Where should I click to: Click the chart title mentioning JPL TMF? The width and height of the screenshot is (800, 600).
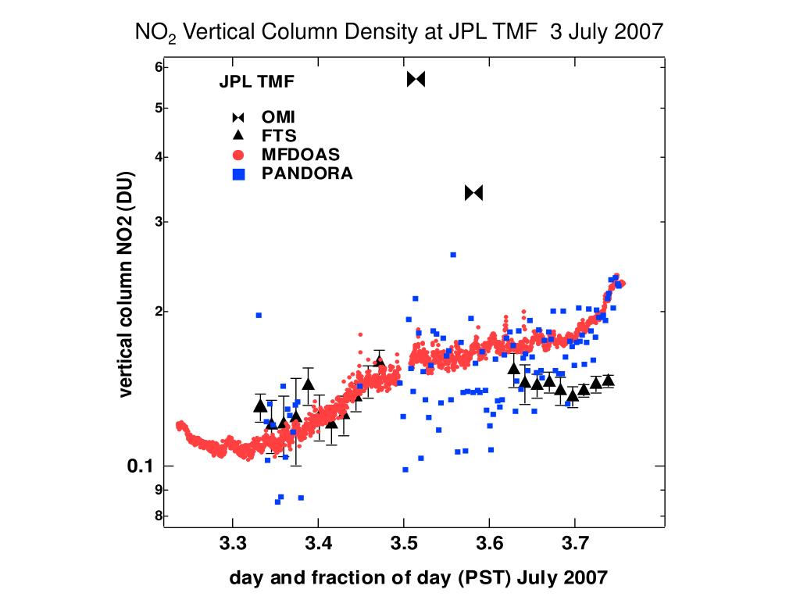pyautogui.click(x=399, y=32)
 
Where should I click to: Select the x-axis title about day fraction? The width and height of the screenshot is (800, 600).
pyautogui.click(x=417, y=578)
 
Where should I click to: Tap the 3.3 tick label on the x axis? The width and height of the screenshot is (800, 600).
pyautogui.click(x=231, y=542)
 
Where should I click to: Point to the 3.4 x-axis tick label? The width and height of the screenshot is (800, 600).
pyautogui.click(x=317, y=542)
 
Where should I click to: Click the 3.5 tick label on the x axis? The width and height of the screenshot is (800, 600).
pyautogui.click(x=403, y=542)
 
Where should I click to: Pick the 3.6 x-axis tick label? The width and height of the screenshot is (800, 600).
pyautogui.click(x=489, y=542)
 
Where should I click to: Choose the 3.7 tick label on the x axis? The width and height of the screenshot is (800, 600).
pyautogui.click(x=575, y=542)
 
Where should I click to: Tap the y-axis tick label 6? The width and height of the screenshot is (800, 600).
pyautogui.click(x=158, y=67)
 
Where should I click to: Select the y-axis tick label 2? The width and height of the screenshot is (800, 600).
pyautogui.click(x=158, y=312)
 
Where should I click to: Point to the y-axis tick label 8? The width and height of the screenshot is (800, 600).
pyautogui.click(x=158, y=516)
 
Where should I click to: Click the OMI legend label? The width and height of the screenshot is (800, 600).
pyautogui.click(x=278, y=117)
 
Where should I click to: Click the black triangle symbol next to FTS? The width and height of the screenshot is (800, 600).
pyautogui.click(x=238, y=134)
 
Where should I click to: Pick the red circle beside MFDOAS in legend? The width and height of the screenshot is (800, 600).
pyautogui.click(x=238, y=154)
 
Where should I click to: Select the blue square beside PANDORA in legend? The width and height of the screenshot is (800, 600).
pyautogui.click(x=238, y=173)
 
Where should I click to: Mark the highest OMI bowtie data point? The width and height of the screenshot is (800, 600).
pyautogui.click(x=416, y=79)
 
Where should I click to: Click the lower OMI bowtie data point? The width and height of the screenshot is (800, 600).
pyautogui.click(x=474, y=192)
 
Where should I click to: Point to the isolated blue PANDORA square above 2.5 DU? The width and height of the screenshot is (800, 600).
pyautogui.click(x=452, y=255)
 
